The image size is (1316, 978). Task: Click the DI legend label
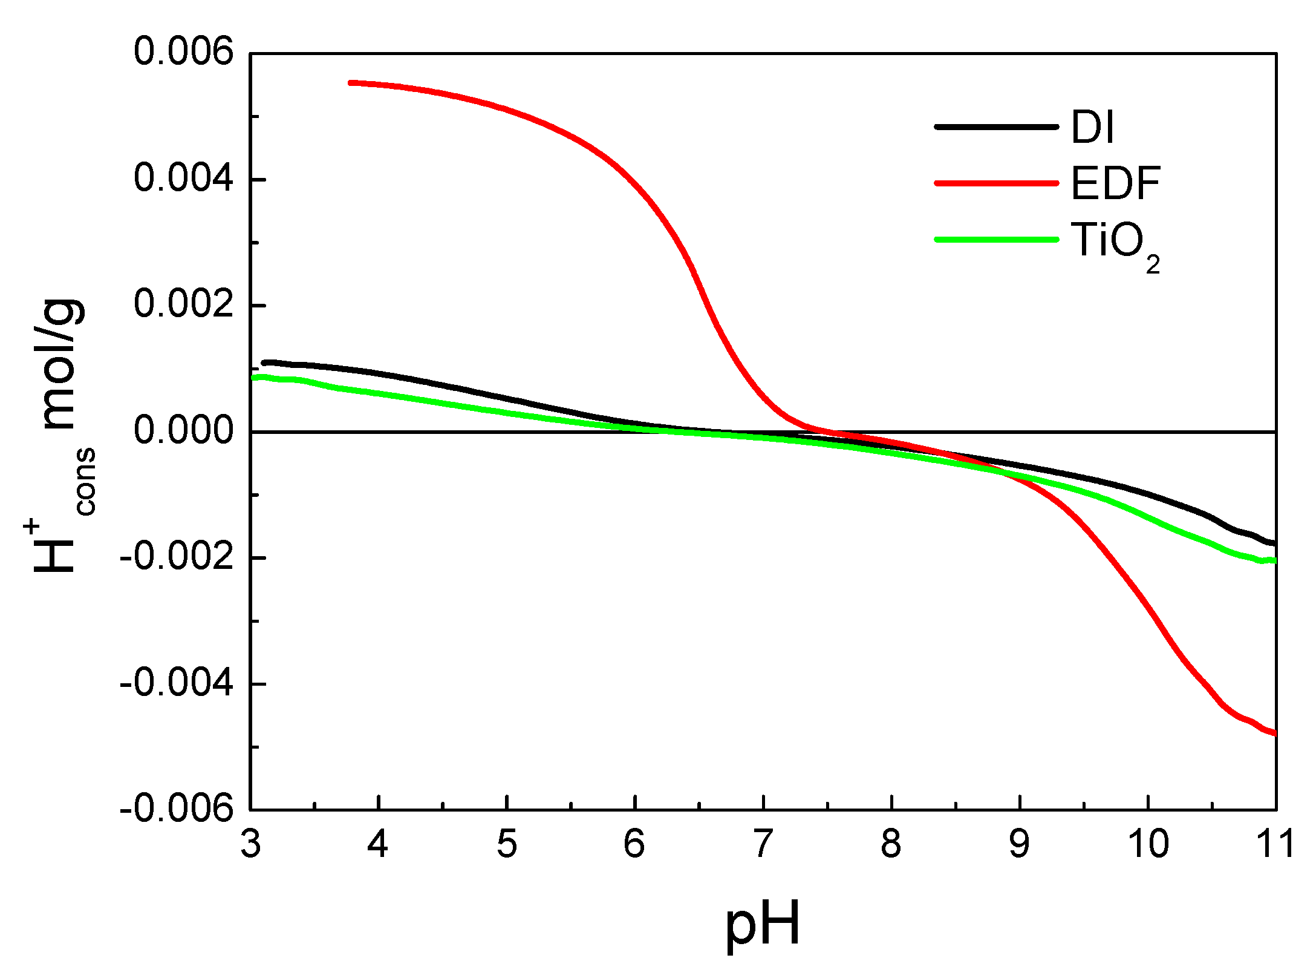point(1092,127)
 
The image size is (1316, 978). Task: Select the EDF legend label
point(1115,183)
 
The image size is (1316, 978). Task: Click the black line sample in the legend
point(996,127)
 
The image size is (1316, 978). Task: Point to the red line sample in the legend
point(996,183)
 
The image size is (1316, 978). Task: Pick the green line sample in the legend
point(996,239)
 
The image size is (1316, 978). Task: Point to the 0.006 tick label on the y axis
point(183,51)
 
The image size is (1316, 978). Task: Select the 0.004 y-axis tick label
point(183,179)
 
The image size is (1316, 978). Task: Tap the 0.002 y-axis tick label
point(183,304)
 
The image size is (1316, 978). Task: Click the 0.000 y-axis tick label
point(183,430)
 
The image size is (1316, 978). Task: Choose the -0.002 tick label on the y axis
point(177,556)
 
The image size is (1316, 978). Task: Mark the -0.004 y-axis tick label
point(177,683)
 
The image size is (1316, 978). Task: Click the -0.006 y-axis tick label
point(177,809)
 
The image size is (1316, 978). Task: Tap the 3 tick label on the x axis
point(250,844)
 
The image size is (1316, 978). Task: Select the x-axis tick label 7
point(763,844)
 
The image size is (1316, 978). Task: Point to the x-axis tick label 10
point(1148,844)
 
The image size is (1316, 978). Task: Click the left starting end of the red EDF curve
point(351,82)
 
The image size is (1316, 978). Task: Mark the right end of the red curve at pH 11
point(1274,733)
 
